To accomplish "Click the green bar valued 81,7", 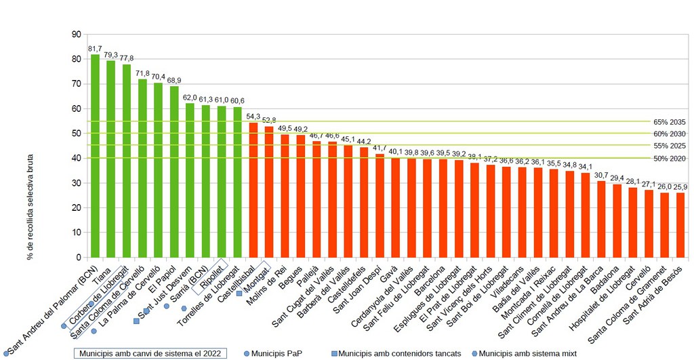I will (96, 156).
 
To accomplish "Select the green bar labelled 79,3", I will (111, 159).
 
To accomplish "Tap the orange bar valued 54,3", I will (253, 190).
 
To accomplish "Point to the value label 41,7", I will (380, 148).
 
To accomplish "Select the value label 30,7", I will (601, 175).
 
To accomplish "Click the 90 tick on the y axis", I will (75, 35).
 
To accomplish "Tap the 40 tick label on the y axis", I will (75, 158).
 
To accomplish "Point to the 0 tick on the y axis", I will (77, 258).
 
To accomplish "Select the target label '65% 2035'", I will (670, 122).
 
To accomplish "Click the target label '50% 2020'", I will (670, 159).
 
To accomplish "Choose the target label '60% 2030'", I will (670, 134).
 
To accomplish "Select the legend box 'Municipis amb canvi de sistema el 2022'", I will (150, 353).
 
